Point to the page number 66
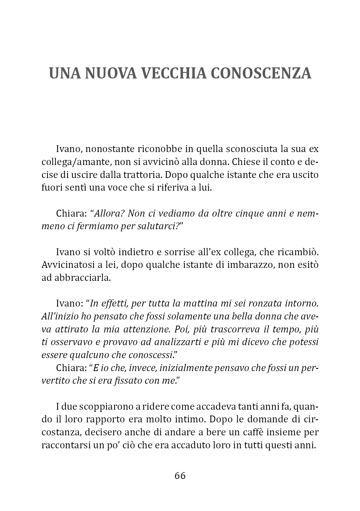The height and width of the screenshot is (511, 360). [x=180, y=475]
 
